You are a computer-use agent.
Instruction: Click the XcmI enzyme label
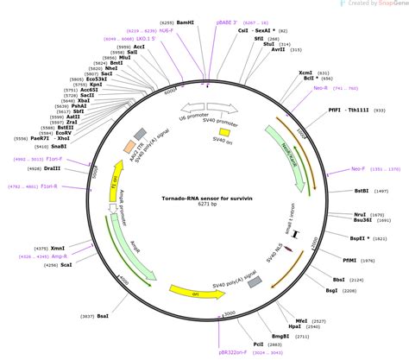(305, 73)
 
